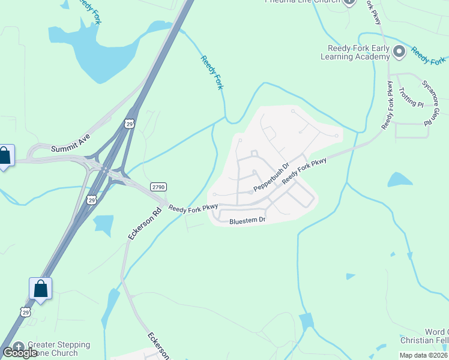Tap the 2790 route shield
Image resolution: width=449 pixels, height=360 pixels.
tap(158, 187)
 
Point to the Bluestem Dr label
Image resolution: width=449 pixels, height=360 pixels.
tap(247, 221)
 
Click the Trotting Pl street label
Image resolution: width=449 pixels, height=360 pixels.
tap(411, 97)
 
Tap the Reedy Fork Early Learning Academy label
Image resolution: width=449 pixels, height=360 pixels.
tap(358, 52)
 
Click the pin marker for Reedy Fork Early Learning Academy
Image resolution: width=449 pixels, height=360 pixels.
tap(400, 53)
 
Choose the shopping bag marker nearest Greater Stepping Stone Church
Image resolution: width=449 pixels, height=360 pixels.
tap(40, 289)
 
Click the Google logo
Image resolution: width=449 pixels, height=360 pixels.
tap(20, 353)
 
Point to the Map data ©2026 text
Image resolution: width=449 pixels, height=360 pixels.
tap(423, 355)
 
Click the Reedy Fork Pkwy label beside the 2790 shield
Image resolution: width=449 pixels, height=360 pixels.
tap(193, 208)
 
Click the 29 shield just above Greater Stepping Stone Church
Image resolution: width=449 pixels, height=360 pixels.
tap(25, 311)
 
